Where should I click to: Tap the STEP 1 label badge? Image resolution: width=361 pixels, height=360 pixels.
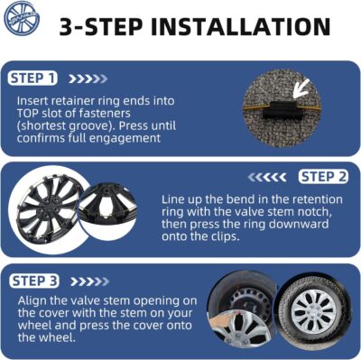tap(32, 78)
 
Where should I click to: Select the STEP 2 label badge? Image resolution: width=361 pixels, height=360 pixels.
tap(323, 177)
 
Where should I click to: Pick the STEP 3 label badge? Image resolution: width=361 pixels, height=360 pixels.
tap(34, 282)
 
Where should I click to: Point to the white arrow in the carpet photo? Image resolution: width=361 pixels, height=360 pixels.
tap(301, 88)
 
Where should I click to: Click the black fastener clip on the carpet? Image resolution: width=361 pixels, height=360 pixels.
tap(282, 110)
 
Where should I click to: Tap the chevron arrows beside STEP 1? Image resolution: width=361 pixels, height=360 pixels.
tap(88, 78)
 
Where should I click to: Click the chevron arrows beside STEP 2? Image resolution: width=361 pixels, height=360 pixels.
tap(267, 178)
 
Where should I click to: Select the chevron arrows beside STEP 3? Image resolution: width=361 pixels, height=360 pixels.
tap(89, 282)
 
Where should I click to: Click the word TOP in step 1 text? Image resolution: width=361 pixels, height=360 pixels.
tap(27, 114)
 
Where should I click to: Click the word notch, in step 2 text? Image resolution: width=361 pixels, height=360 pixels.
tap(315, 212)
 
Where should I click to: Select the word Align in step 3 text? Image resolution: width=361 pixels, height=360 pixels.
tap(32, 301)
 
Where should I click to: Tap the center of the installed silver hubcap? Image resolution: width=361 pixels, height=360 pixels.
tap(314, 310)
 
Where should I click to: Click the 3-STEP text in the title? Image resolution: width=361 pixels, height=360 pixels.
tap(101, 27)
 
